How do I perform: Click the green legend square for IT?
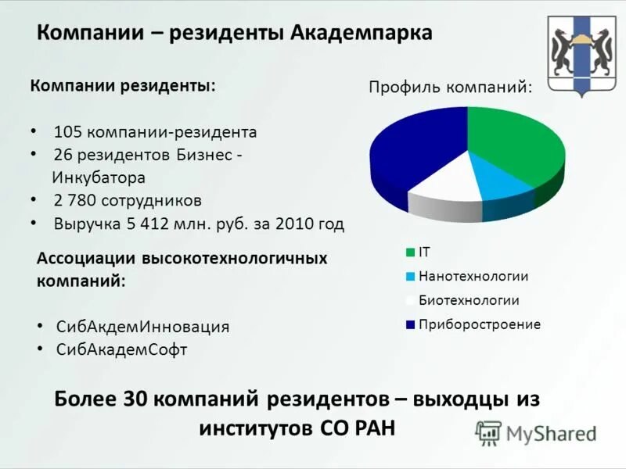coord(410,252)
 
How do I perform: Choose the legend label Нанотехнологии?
coord(473,276)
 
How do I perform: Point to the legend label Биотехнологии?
coord(469,300)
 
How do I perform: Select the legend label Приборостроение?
coord(480,324)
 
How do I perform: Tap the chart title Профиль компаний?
coord(450,87)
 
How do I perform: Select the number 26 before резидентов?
coord(63,155)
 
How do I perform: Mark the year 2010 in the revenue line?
coord(294,224)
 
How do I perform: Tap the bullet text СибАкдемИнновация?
coord(143,326)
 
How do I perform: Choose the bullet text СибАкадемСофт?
coord(122,349)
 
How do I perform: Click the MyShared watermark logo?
coord(535,432)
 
